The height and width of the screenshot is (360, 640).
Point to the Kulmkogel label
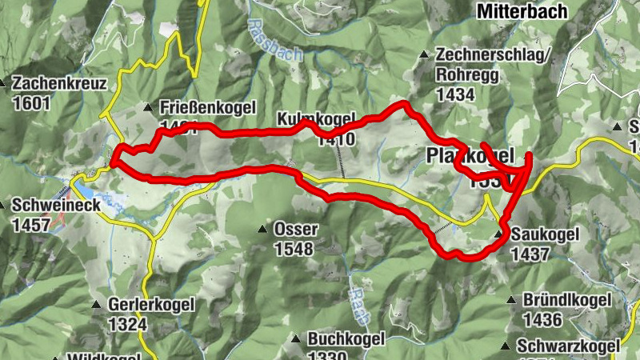[315, 120]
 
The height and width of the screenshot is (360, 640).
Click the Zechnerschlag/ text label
[494, 55]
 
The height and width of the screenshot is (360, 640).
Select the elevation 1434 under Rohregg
[456, 94]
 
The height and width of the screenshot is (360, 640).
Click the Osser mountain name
[296, 230]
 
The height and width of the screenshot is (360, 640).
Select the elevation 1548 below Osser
[294, 249]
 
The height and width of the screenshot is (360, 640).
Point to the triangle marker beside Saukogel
[500, 234]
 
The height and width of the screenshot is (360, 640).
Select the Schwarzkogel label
[569, 346]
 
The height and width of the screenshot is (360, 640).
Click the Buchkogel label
[346, 339]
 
